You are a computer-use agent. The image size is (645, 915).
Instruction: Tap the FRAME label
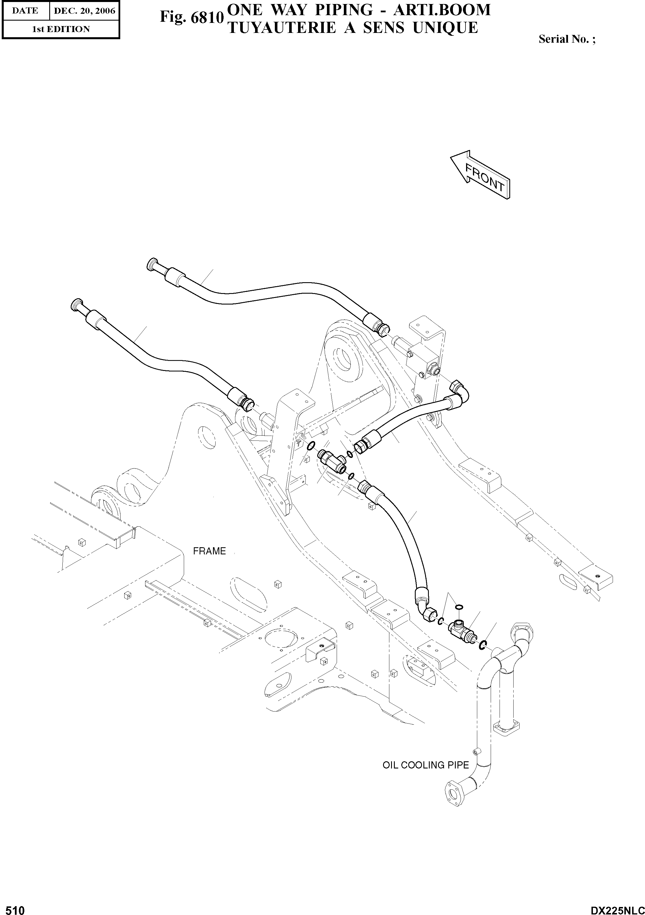(x=209, y=551)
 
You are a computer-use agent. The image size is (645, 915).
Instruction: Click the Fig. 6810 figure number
(x=191, y=17)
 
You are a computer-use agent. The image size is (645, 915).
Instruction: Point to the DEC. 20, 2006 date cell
(x=84, y=11)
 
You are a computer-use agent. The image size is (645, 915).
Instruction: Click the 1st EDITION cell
(x=61, y=29)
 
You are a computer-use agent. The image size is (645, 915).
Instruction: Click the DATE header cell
(x=25, y=11)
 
